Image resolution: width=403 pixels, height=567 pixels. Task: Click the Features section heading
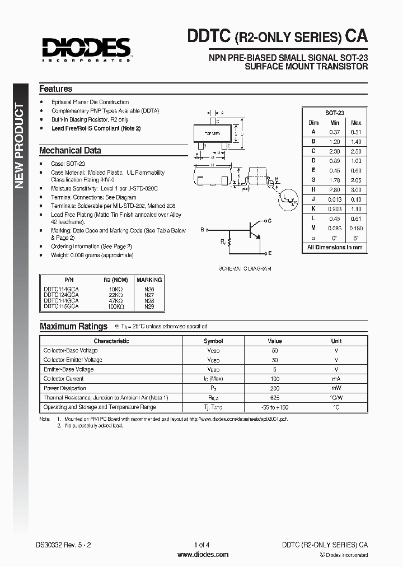(55, 89)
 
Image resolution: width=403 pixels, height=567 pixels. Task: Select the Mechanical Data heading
(70, 151)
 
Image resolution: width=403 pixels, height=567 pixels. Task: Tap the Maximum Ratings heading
(73, 327)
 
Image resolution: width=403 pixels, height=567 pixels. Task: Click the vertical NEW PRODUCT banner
(19, 146)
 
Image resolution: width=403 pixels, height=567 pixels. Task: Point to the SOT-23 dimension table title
(335, 112)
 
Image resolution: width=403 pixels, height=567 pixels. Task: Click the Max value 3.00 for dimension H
(355, 190)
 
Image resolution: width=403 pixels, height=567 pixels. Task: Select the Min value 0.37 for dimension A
(335, 132)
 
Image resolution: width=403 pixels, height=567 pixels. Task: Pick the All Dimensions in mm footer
(335, 247)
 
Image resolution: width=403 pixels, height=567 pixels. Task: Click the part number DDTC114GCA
(61, 289)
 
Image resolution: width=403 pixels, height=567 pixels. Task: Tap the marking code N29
(149, 306)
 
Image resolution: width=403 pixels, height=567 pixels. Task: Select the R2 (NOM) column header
(115, 280)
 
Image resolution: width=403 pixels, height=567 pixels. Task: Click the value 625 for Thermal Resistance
(275, 398)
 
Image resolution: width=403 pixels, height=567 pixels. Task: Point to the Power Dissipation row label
(65, 388)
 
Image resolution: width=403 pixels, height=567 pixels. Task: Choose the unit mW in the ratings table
(336, 388)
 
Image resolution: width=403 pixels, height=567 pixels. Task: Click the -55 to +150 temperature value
(275, 407)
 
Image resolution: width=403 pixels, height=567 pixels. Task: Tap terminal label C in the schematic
(269, 221)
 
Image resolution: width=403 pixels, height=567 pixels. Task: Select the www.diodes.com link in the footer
(203, 555)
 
